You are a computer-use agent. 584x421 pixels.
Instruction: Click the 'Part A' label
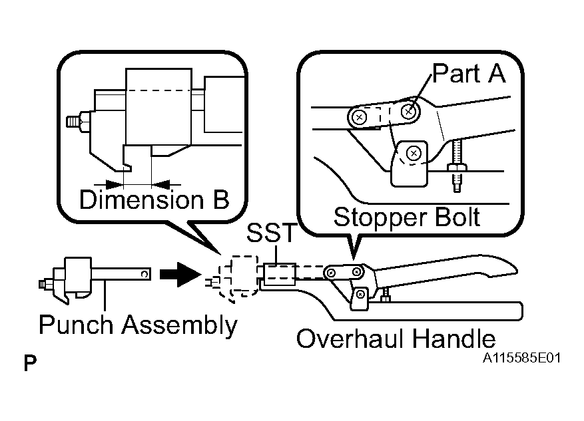click(x=469, y=73)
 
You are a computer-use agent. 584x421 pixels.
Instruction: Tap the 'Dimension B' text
click(x=154, y=200)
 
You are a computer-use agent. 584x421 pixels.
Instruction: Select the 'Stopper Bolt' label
click(x=407, y=217)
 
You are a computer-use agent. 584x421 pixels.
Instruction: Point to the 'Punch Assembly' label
click(x=138, y=325)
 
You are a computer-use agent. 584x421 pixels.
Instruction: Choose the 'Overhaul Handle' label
click(x=396, y=339)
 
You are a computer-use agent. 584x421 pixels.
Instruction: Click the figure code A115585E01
click(x=521, y=358)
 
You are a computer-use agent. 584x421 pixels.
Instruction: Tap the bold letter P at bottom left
click(x=30, y=363)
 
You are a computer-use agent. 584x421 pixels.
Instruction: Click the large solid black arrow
click(x=180, y=275)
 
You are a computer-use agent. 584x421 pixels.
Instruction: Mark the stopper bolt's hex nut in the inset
click(x=457, y=167)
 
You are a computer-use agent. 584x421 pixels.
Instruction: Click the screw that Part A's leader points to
click(x=408, y=111)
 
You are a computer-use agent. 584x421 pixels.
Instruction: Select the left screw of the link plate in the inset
click(x=359, y=118)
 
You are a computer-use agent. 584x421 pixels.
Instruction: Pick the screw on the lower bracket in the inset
click(x=414, y=153)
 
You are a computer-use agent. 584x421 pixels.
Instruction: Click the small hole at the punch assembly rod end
click(x=145, y=275)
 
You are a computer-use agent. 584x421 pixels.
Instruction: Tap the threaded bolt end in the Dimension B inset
click(x=73, y=122)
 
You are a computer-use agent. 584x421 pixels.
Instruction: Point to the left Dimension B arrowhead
click(x=115, y=184)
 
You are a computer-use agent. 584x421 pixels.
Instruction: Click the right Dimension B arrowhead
click(x=160, y=184)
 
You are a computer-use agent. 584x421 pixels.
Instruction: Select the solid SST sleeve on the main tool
click(x=279, y=275)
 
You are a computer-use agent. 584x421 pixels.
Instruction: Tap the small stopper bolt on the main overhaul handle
click(x=386, y=294)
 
